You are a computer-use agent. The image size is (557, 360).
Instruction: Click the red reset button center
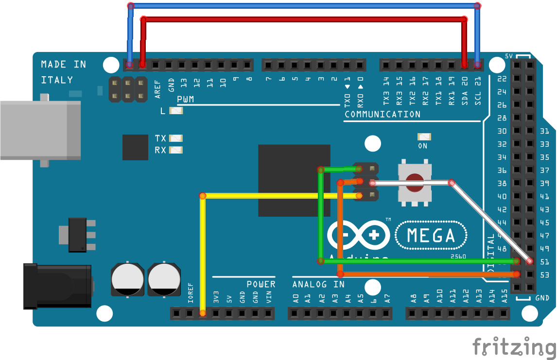tap(415, 184)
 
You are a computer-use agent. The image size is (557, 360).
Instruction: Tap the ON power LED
tap(423, 137)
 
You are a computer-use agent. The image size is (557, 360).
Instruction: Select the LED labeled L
tap(176, 111)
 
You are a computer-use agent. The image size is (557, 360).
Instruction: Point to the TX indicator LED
tap(176, 138)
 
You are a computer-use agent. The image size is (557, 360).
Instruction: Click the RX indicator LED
tap(176, 150)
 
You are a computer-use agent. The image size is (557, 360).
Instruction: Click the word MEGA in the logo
tap(431, 236)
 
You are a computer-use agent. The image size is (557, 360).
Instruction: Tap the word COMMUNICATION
tap(383, 115)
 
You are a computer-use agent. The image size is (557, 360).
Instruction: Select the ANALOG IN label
tap(318, 284)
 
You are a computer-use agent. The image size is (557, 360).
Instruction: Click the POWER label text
tap(261, 284)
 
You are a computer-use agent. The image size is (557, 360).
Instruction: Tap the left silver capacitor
tap(127, 279)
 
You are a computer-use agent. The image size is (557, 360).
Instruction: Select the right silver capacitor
tap(163, 279)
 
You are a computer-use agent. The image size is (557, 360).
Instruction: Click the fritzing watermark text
tap(514, 347)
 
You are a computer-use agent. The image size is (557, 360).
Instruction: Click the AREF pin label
tap(157, 89)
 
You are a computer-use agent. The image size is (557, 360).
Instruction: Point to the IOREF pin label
tap(191, 293)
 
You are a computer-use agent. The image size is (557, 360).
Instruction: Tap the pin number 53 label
tap(544, 275)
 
